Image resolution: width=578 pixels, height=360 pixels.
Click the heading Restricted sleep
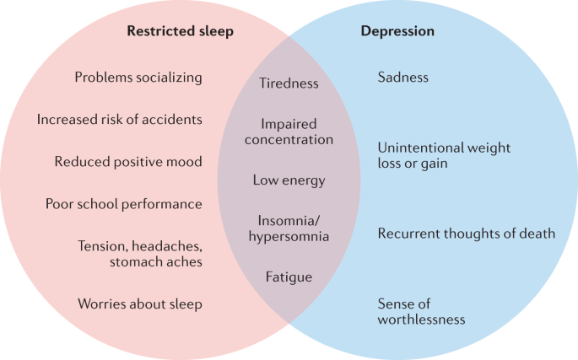(x=180, y=32)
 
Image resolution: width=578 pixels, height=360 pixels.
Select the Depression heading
(x=397, y=32)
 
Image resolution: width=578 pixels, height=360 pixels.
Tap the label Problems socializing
(x=138, y=78)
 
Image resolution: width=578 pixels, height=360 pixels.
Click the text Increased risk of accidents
(x=119, y=120)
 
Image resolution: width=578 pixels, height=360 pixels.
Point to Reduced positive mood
(x=128, y=162)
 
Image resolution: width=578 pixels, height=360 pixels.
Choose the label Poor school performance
(x=123, y=204)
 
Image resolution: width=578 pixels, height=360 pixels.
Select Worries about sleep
(x=139, y=304)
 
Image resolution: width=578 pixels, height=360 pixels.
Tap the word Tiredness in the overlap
(x=289, y=83)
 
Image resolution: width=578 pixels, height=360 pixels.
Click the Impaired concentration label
(x=289, y=132)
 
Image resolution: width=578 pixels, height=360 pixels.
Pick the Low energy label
(x=289, y=180)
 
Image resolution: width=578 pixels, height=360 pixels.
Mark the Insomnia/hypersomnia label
(x=289, y=228)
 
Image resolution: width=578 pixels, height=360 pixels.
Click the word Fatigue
(x=289, y=277)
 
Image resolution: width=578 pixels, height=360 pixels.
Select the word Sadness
(x=402, y=78)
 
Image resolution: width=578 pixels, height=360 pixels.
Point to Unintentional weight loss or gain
(x=444, y=155)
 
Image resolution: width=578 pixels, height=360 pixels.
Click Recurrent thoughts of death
(x=466, y=234)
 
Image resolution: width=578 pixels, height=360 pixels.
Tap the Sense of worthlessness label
(x=421, y=311)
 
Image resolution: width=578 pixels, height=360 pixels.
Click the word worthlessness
(x=421, y=320)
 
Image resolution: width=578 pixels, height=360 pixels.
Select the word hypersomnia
(x=289, y=237)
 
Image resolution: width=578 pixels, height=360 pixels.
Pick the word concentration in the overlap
(x=289, y=140)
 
